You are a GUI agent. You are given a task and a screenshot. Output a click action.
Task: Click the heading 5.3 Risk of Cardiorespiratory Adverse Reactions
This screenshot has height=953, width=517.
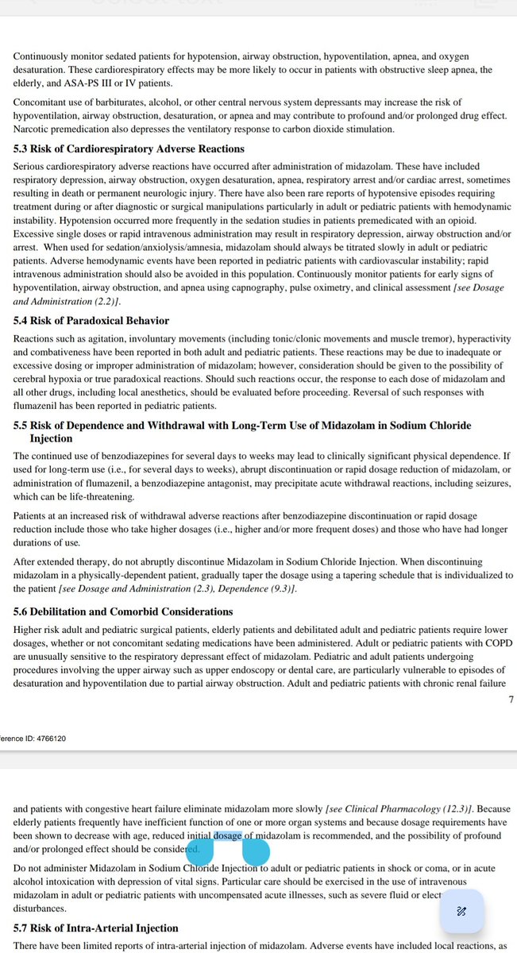coord(129,149)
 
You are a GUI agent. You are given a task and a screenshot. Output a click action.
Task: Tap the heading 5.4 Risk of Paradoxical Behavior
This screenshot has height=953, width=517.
coord(91,321)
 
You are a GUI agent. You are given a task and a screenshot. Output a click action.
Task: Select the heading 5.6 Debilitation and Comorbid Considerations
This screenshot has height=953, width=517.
coord(123,612)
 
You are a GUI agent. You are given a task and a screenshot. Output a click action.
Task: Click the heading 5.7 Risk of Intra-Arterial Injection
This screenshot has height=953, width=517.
coord(96,928)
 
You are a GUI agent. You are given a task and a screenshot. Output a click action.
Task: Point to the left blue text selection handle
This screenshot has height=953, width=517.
coord(200,852)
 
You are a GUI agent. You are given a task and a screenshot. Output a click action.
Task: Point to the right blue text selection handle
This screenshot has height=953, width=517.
coord(256,852)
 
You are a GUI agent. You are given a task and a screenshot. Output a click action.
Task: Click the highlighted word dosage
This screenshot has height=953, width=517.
coord(227,835)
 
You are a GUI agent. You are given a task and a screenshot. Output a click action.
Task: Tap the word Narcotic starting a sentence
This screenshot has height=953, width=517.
coord(32,129)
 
